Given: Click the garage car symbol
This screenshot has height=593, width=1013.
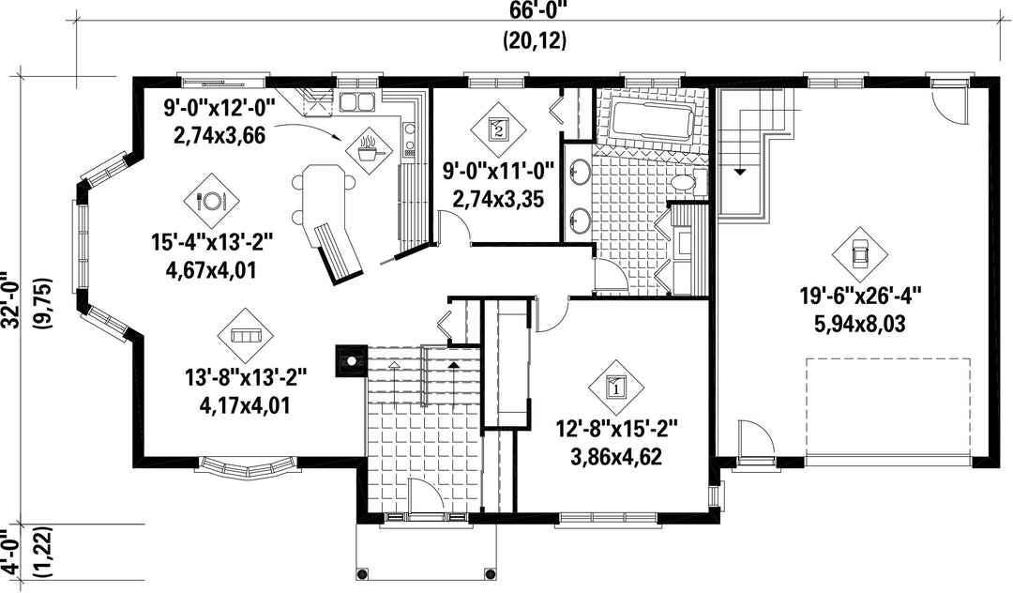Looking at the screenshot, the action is [x=859, y=254].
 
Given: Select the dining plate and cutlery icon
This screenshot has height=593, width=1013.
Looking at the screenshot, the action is [x=212, y=201].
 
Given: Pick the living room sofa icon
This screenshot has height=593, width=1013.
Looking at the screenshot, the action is [x=246, y=335].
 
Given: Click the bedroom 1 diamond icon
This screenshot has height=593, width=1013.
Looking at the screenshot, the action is [x=615, y=388].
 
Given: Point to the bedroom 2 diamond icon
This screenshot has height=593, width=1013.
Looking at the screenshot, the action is [x=497, y=128].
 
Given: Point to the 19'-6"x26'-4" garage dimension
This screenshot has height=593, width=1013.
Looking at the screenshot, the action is [x=860, y=296].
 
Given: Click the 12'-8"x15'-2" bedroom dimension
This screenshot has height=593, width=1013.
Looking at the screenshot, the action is [x=616, y=429].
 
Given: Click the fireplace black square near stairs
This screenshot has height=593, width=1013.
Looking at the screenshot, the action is [x=350, y=360].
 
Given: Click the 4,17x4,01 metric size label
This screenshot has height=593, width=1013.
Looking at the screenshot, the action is [x=245, y=405].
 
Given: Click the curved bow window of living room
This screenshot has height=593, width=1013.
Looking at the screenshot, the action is [x=247, y=467].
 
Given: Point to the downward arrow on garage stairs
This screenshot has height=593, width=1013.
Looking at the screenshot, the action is [x=739, y=172].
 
